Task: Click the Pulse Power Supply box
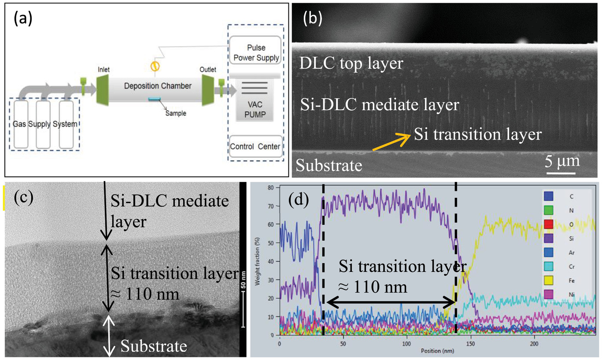tap(255, 51)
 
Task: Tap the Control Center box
tap(255, 146)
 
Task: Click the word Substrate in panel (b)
tap(329, 165)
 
